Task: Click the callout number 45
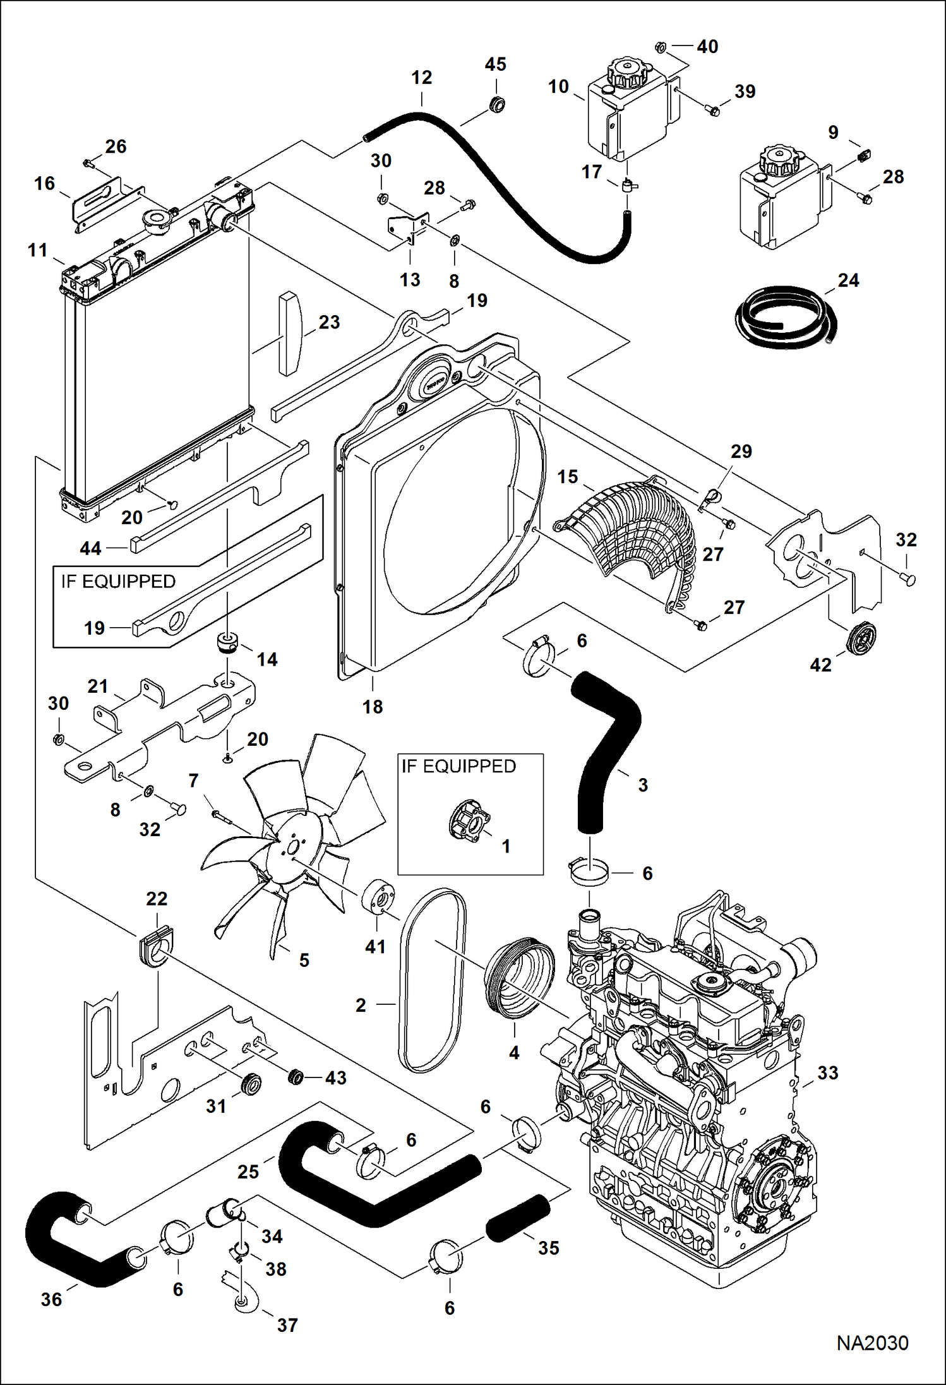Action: coord(495,64)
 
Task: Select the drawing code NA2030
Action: coord(872,1343)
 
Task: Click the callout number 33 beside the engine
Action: coord(827,1073)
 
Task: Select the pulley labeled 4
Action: coord(518,979)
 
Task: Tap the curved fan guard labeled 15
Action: coord(632,531)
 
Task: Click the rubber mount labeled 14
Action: coord(227,643)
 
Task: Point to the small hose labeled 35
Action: coord(518,1218)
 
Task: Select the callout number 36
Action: coord(51,1299)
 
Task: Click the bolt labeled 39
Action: coord(714,111)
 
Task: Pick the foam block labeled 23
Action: coord(289,333)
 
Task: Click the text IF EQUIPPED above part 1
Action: coord(458,766)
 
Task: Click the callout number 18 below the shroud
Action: coord(372,707)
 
